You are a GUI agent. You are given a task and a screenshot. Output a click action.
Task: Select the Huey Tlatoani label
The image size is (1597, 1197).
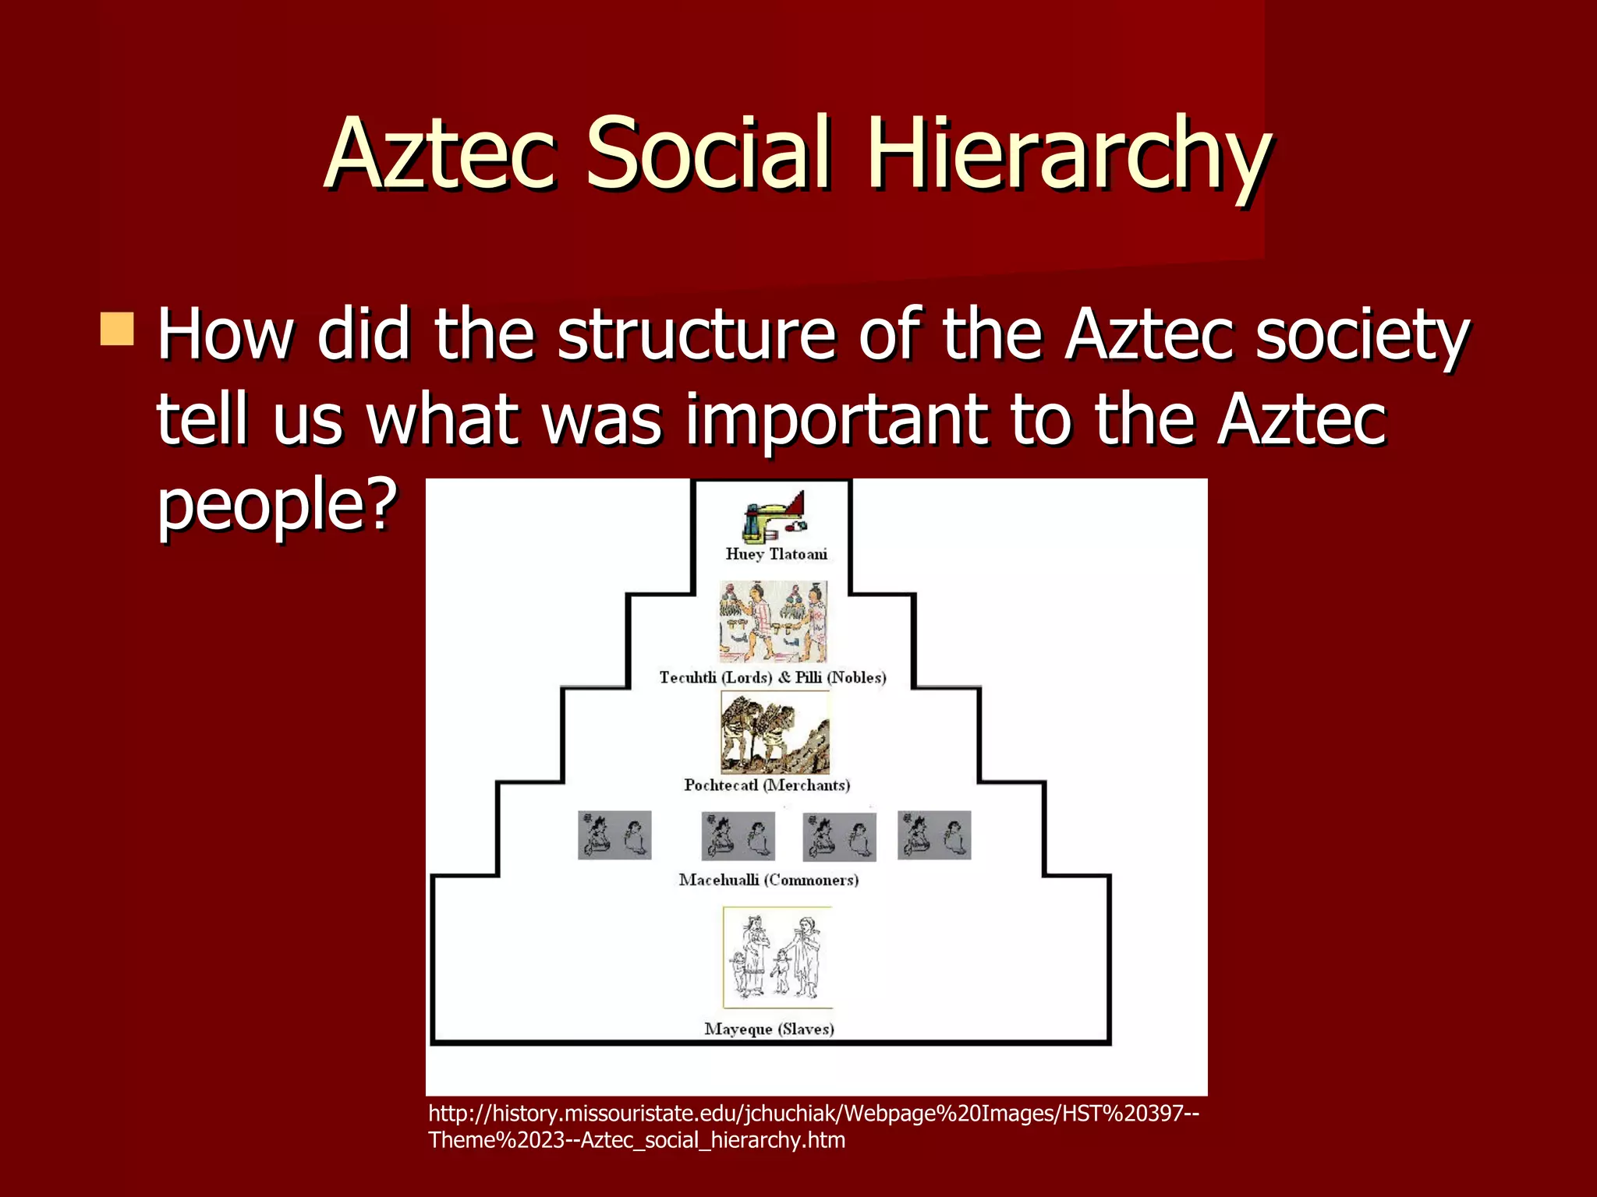[x=776, y=554]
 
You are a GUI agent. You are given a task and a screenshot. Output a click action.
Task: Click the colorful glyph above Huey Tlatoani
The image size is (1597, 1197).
[x=774, y=517]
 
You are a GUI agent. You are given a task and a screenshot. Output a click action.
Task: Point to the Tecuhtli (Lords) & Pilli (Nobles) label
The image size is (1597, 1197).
[x=773, y=677]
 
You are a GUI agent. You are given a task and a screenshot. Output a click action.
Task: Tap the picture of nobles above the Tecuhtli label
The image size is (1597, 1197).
[x=773, y=621]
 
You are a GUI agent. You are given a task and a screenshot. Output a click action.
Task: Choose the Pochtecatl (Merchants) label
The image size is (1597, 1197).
[x=767, y=785]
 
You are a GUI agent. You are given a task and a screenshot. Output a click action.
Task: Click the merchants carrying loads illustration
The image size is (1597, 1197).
[x=774, y=733]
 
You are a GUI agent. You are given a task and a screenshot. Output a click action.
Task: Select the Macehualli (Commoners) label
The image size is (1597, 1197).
[x=769, y=880]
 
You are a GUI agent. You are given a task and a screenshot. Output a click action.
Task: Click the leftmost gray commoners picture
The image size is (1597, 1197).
[x=614, y=835]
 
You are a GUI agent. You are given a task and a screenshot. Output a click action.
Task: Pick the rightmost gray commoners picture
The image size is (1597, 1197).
[x=934, y=835]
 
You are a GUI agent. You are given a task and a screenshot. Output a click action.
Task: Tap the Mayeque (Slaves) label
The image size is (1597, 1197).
[x=769, y=1029]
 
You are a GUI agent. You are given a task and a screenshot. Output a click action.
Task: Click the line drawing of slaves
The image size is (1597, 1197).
[x=777, y=957]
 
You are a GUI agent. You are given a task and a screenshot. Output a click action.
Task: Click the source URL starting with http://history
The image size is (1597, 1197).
[x=813, y=1126]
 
